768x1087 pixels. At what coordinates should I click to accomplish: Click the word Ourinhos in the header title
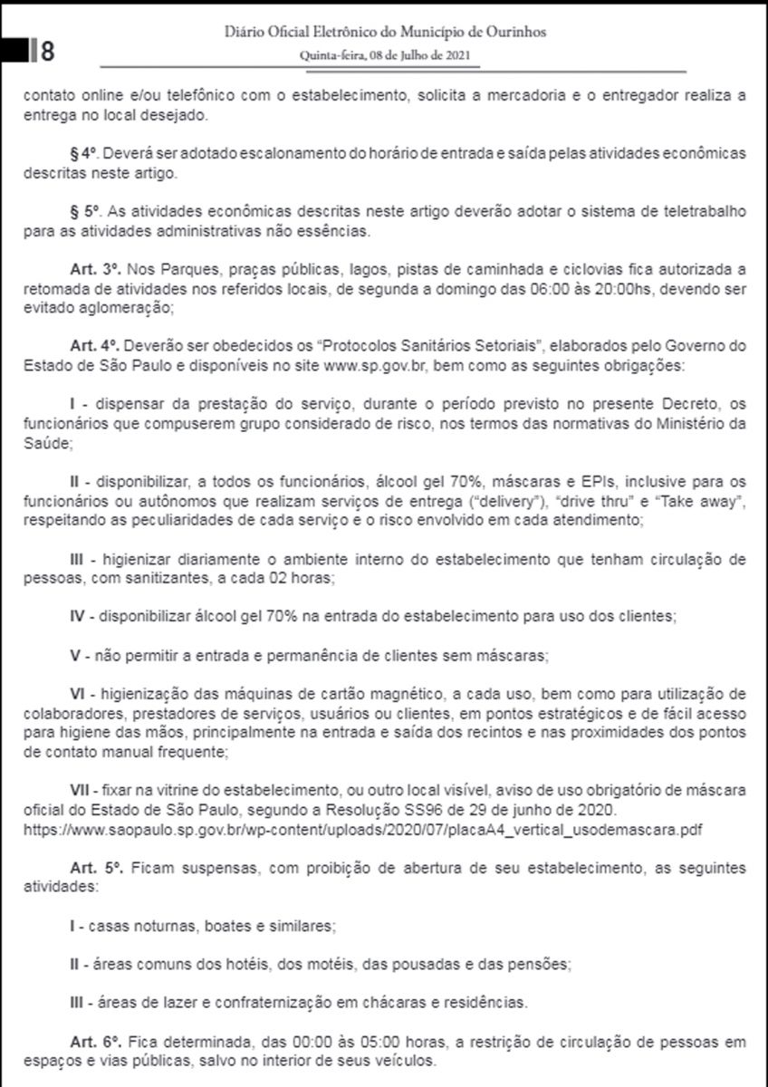click(x=513, y=34)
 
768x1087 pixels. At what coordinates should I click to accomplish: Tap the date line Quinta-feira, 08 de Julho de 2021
click(x=385, y=54)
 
